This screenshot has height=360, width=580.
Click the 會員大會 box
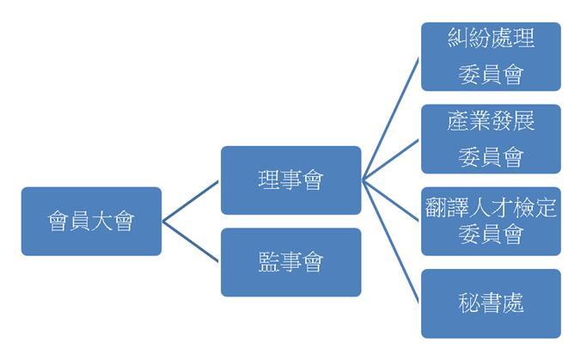(91, 222)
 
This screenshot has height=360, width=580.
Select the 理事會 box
(290, 180)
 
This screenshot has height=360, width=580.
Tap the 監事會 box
(290, 262)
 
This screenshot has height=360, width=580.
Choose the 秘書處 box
(491, 303)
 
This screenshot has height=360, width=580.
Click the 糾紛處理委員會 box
(491, 57)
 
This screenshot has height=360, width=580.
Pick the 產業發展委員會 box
(491, 138)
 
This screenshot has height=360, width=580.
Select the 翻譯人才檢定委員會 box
(491, 222)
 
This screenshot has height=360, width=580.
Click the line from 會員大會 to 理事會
(191, 201)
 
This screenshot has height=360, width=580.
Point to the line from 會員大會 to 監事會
(191, 241)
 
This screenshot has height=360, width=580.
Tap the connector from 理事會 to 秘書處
(391, 241)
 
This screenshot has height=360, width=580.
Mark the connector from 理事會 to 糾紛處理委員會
(391, 119)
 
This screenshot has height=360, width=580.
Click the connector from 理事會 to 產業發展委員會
(391, 160)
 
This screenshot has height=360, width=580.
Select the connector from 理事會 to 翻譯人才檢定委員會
(391, 201)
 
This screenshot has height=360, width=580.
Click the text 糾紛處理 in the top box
(491, 38)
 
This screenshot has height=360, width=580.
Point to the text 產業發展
(491, 120)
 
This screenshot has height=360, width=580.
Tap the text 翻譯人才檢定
(491, 207)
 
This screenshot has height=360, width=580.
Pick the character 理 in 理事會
(269, 180)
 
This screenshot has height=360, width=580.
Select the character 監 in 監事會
(269, 262)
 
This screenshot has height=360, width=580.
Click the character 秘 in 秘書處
(469, 303)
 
